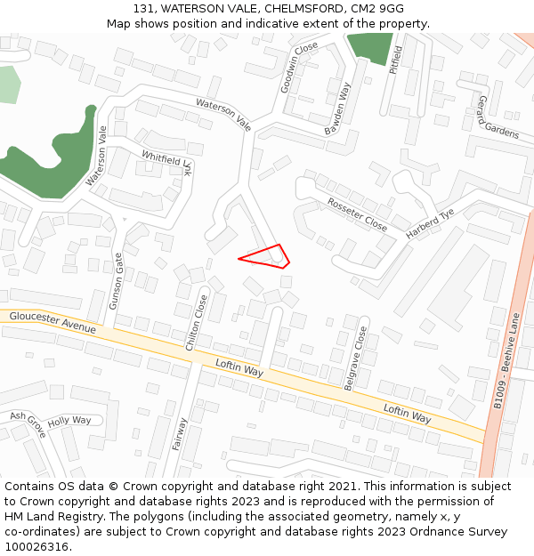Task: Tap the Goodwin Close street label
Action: (300, 68)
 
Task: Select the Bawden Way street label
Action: (338, 109)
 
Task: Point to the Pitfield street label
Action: (397, 60)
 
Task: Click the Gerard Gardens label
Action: (498, 117)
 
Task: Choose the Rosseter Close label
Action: (357, 214)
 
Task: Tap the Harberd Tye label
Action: (431, 224)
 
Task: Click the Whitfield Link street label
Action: (167, 163)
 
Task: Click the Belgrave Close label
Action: (355, 358)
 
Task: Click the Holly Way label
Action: (69, 421)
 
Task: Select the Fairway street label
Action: (179, 434)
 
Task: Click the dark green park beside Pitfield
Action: (370, 46)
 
